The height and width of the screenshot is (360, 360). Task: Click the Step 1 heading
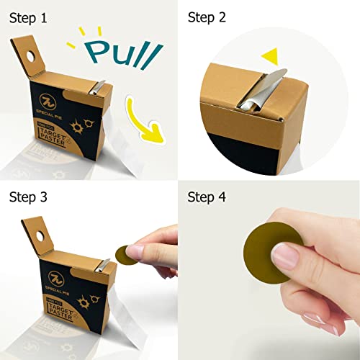29,16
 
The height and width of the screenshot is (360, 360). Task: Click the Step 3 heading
29,196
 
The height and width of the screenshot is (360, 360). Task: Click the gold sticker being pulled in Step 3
125,253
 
